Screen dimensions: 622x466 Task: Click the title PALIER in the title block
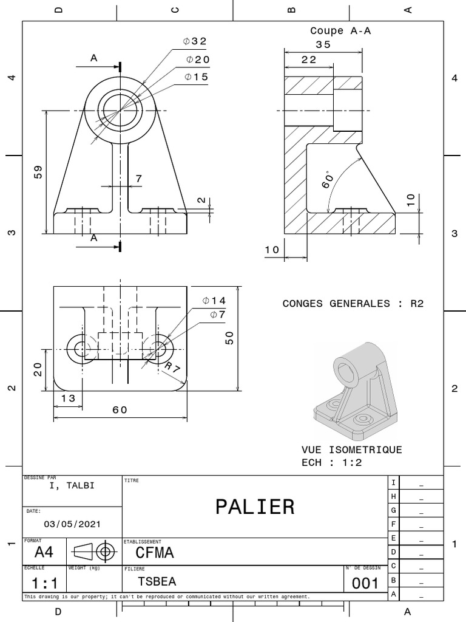point(255,506)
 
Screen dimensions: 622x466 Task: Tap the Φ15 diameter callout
point(196,77)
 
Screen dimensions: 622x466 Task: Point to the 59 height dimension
point(38,172)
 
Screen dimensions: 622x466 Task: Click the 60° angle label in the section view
point(328,179)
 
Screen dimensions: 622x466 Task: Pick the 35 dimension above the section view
point(323,44)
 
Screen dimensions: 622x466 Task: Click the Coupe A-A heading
point(340,30)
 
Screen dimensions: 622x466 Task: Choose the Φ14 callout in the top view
point(214,301)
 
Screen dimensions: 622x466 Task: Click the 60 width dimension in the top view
point(120,409)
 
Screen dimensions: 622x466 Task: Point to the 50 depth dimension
point(229,338)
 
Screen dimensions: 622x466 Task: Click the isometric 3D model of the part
point(356,389)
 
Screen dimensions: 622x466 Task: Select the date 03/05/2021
point(73,524)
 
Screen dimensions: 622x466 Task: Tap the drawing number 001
point(365,584)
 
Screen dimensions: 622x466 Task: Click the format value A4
point(44,552)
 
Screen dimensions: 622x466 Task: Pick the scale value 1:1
point(44,584)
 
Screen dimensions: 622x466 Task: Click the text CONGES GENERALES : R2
point(353,303)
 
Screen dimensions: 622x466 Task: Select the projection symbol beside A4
point(94,552)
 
